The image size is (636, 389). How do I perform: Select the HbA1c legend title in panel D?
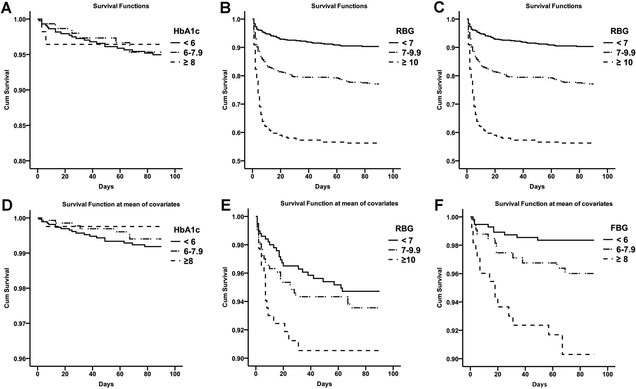pos(187,230)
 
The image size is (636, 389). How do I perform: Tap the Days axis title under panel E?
pos(324,384)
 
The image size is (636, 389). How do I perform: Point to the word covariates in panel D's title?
pos(163,204)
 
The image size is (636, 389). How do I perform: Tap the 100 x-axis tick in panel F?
pos(607,374)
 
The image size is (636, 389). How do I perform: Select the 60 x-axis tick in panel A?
pos(120,176)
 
